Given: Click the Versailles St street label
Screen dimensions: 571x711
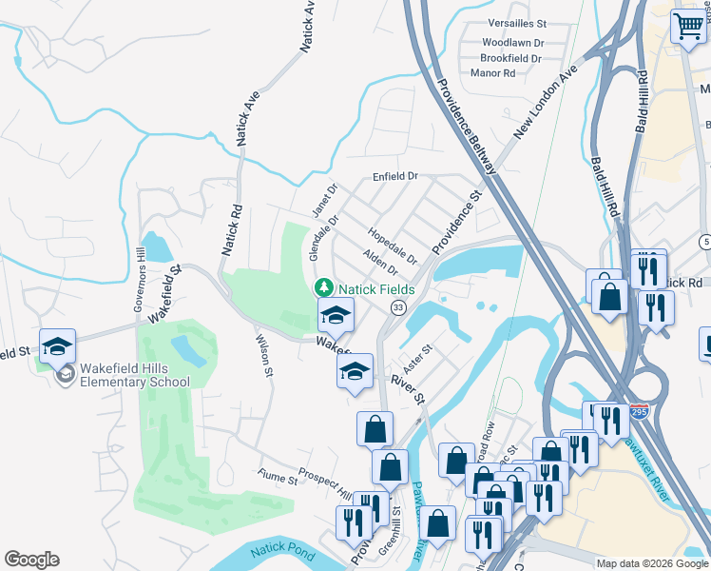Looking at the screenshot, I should [515, 22].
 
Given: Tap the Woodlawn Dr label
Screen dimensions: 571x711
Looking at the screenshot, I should [512, 43].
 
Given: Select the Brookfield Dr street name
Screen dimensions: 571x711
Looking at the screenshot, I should [510, 58].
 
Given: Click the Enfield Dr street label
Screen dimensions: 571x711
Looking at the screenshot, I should [395, 176].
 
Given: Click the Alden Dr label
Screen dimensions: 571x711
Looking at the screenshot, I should [380, 262].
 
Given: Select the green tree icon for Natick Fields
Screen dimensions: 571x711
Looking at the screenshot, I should [324, 286].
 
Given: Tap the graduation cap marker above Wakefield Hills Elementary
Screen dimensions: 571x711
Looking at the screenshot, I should [57, 345].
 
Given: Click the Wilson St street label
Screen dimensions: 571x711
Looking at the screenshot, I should [264, 353].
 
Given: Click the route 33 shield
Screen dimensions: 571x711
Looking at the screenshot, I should [397, 307].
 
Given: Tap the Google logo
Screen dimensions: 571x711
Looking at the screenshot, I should [31, 560].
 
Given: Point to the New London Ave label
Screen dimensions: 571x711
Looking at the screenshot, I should [546, 104].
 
